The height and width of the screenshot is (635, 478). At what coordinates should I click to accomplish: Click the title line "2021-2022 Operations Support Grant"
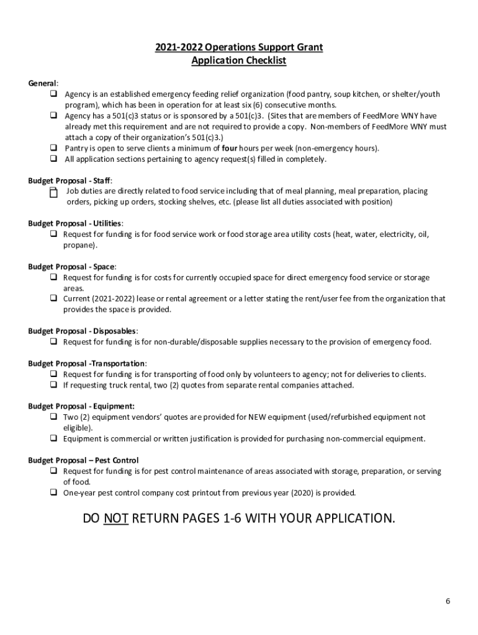pyautogui.click(x=239, y=48)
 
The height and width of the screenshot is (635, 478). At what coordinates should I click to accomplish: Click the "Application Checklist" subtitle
pyautogui.click(x=239, y=61)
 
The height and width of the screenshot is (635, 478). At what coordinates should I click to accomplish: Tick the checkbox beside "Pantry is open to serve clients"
pyautogui.click(x=54, y=148)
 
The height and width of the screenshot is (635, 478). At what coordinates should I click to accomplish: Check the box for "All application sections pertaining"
pyautogui.click(x=54, y=159)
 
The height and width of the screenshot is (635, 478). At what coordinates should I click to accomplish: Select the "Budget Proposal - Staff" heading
pyautogui.click(x=70, y=180)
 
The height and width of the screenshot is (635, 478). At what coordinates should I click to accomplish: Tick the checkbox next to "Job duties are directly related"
pyautogui.click(x=53, y=193)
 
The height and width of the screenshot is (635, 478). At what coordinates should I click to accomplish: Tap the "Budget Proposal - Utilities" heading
pyautogui.click(x=75, y=223)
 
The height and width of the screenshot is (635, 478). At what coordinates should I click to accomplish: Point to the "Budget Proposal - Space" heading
pyautogui.click(x=71, y=267)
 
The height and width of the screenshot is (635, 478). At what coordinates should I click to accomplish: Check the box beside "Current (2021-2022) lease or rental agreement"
pyautogui.click(x=54, y=298)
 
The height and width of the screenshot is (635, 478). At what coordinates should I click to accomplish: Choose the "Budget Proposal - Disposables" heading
pyautogui.click(x=83, y=331)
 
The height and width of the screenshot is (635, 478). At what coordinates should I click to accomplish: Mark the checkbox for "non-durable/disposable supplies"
pyautogui.click(x=54, y=342)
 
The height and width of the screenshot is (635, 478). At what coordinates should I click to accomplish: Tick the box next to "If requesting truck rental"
pyautogui.click(x=54, y=385)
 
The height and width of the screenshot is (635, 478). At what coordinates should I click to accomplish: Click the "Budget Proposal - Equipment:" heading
pyautogui.click(x=76, y=407)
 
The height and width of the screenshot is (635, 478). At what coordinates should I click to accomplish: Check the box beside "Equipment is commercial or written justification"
pyautogui.click(x=54, y=439)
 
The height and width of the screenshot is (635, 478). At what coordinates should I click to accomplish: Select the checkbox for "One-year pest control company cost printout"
pyautogui.click(x=54, y=493)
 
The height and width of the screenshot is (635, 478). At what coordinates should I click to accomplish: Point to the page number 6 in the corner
pyautogui.click(x=447, y=602)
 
